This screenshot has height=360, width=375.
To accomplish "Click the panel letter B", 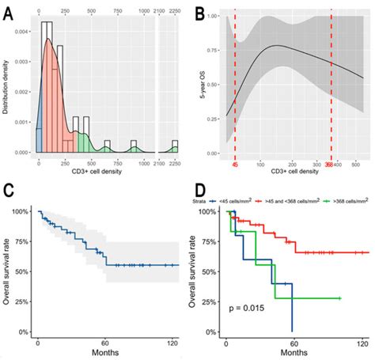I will (199, 13).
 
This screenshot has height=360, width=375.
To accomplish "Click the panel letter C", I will (8, 191).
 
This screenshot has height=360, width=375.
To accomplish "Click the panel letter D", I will (199, 191).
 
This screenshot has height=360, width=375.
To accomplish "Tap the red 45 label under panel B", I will (235, 165).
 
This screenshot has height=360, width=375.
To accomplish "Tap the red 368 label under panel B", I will (330, 165).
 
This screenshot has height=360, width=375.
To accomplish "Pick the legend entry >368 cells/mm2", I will (348, 201).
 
